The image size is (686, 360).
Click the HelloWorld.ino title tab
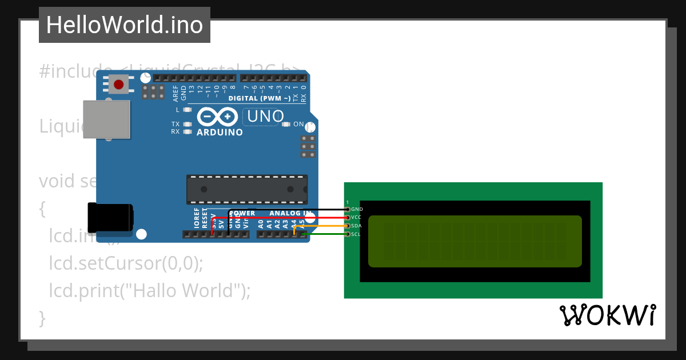click(125, 25)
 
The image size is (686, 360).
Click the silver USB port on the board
click(106, 120)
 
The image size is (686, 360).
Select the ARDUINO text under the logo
click(220, 133)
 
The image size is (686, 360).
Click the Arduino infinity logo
click(217, 117)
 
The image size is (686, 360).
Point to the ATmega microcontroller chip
click(247, 189)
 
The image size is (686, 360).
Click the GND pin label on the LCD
click(357, 210)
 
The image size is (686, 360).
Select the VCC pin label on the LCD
click(356, 218)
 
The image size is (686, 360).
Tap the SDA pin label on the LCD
click(356, 226)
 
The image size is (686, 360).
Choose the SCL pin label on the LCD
click(356, 234)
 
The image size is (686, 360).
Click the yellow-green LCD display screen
click(474, 241)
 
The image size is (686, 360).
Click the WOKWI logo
click(607, 315)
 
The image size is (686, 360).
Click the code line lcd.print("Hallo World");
click(150, 290)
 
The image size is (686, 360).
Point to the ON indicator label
click(298, 124)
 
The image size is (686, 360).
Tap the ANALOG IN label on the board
click(290, 213)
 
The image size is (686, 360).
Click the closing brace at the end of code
click(42, 317)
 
